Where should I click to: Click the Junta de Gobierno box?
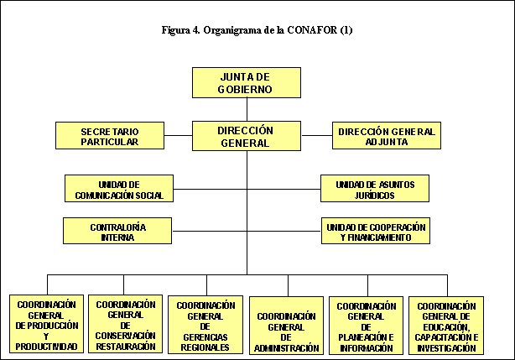click(x=247, y=82)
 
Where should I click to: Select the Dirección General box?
click(x=246, y=136)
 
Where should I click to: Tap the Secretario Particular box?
click(x=109, y=136)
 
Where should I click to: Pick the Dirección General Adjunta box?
click(x=386, y=136)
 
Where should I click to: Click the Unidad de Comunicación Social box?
click(x=118, y=189)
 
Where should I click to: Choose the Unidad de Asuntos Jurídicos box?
click(x=375, y=189)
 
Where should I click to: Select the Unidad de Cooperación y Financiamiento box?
click(x=375, y=232)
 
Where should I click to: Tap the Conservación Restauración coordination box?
click(x=126, y=325)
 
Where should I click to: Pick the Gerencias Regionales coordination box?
click(x=205, y=325)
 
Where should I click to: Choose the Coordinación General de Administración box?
click(x=286, y=325)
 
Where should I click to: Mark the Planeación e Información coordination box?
click(x=365, y=325)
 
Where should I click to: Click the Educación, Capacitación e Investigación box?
click(x=446, y=325)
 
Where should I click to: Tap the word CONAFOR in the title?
click(x=314, y=31)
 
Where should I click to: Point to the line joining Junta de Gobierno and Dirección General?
click(x=247, y=109)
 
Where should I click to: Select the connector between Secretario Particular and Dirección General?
click(x=178, y=136)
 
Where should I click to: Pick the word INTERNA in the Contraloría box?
click(x=117, y=237)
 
